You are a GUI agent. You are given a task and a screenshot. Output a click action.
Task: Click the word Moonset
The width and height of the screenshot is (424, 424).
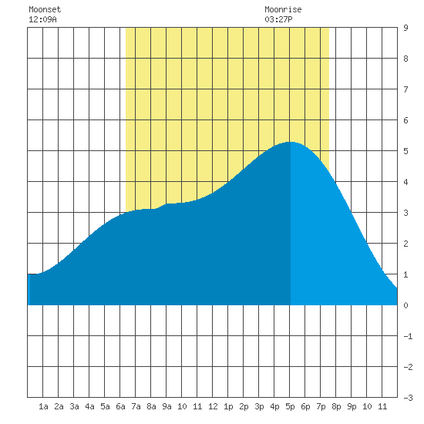tap(45, 9)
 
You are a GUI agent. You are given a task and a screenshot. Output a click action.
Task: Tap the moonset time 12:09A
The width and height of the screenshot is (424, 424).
tap(42, 19)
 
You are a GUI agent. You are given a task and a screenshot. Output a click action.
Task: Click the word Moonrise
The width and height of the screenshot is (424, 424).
tap(283, 9)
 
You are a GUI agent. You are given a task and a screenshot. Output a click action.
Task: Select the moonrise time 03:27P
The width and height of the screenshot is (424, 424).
tap(278, 19)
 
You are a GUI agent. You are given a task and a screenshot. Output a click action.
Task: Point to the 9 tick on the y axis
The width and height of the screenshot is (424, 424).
tap(405, 28)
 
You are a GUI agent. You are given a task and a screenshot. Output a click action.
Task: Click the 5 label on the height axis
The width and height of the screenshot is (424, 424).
tap(405, 151)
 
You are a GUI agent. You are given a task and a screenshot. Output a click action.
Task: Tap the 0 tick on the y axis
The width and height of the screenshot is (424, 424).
tap(405, 305)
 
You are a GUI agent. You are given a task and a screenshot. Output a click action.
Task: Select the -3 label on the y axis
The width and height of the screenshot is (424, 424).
tap(408, 398)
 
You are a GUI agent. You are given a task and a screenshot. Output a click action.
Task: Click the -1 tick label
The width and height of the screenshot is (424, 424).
tap(408, 336)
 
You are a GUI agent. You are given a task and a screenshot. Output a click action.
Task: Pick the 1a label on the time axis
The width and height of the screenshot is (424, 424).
tap(43, 406)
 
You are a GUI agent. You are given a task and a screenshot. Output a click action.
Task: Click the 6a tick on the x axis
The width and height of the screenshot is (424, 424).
tap(120, 406)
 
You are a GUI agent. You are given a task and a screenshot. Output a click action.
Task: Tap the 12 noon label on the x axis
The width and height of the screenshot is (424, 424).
tap(213, 406)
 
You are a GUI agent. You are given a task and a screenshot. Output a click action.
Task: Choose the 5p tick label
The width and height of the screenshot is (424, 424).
tap(290, 406)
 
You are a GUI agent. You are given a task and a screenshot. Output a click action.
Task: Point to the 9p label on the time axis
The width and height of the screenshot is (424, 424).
tap(352, 406)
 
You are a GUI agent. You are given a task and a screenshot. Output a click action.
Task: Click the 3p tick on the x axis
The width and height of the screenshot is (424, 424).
tap(259, 406)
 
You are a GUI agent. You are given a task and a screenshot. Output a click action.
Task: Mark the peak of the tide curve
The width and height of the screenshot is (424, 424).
tap(290, 142)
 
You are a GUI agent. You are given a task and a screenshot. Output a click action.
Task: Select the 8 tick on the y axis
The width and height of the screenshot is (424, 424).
tap(405, 59)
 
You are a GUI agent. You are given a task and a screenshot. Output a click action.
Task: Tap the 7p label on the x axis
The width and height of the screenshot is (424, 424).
tap(321, 406)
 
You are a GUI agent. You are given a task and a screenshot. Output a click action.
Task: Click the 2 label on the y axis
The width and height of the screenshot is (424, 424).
tap(405, 244)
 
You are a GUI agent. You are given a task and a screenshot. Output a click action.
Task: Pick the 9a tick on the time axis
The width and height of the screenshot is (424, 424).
tap(167, 406)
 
